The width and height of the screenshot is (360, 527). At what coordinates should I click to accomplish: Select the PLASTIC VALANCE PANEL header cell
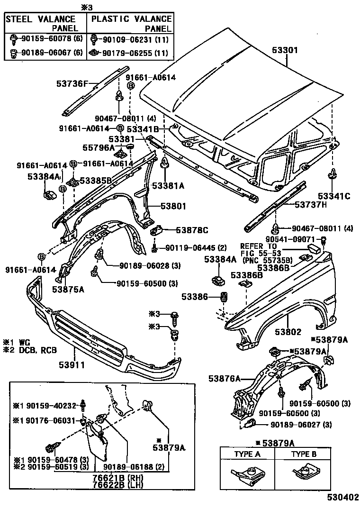point(131,23)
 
